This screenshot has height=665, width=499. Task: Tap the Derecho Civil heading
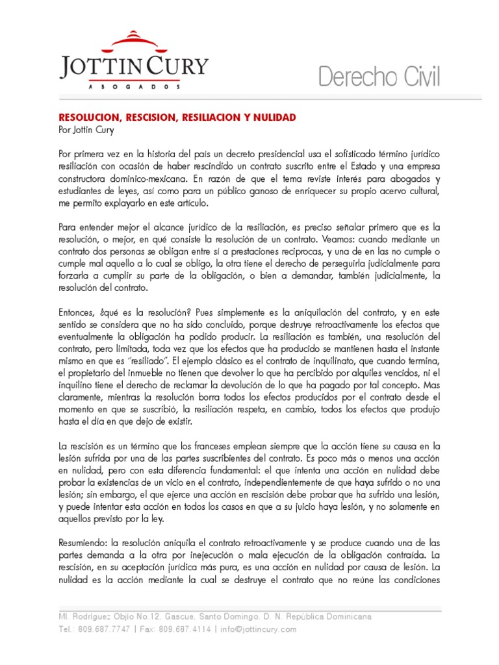(x=379, y=78)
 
